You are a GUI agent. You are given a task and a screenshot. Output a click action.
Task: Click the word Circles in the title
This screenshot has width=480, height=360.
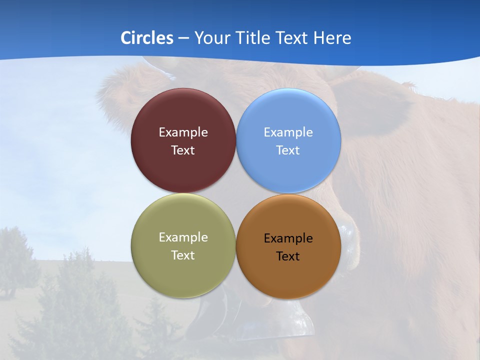[x=147, y=38]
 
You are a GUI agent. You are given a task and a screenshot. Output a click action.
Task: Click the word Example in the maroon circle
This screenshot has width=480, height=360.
[x=183, y=132]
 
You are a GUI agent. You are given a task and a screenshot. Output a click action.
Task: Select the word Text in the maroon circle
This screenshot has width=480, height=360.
[x=183, y=150]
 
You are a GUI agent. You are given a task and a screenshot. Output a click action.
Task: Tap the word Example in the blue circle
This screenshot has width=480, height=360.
[x=288, y=132]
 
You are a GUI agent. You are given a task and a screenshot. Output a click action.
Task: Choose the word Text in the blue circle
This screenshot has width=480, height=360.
[x=288, y=150]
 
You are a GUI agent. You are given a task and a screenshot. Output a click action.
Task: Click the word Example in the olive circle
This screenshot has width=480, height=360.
[x=183, y=237]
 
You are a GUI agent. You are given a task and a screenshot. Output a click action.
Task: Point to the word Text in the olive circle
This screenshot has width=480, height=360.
[x=183, y=255]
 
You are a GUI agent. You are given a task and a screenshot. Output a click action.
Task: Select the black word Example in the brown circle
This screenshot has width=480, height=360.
[x=288, y=238]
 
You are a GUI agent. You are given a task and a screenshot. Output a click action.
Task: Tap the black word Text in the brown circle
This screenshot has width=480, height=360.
[x=288, y=256]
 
